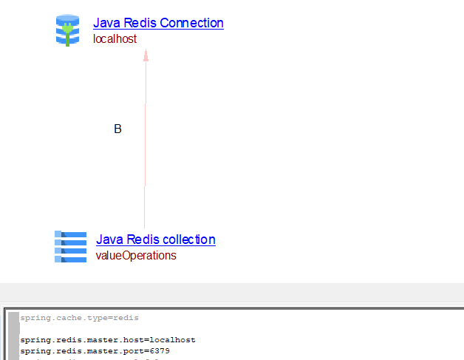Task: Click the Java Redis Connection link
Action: pos(158,23)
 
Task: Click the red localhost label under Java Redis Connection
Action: pos(115,38)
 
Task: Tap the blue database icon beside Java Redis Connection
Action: pos(67,30)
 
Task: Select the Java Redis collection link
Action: pos(155,240)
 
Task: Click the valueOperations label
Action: pos(136,256)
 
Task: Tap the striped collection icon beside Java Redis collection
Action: pos(70,246)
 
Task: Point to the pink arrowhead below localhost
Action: pos(146,55)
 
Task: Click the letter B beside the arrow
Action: pos(117,129)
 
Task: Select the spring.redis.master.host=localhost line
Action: pos(108,340)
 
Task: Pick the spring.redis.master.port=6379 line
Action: pos(95,351)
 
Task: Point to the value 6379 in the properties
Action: pos(158,351)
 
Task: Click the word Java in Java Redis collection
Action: pos(109,240)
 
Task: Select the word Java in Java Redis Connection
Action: pos(106,23)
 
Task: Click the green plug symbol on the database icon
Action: pos(67,32)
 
